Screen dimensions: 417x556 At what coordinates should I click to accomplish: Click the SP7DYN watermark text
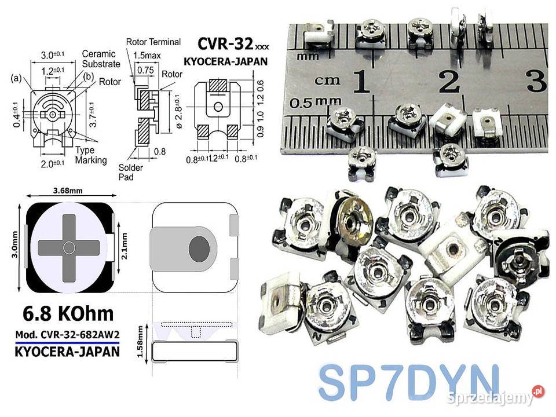[x=408, y=382]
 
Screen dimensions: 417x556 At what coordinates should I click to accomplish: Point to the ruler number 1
[x=362, y=82]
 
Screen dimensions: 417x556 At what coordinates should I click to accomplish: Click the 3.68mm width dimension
[x=67, y=190]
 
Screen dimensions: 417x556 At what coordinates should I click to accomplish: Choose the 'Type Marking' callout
[x=91, y=155]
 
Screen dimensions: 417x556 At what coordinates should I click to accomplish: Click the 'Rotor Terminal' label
[x=153, y=42]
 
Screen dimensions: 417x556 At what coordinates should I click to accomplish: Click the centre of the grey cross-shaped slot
[x=69, y=248]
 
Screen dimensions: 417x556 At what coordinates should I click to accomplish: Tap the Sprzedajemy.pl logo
[x=495, y=398]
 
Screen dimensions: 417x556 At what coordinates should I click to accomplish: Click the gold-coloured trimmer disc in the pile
[x=353, y=218]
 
